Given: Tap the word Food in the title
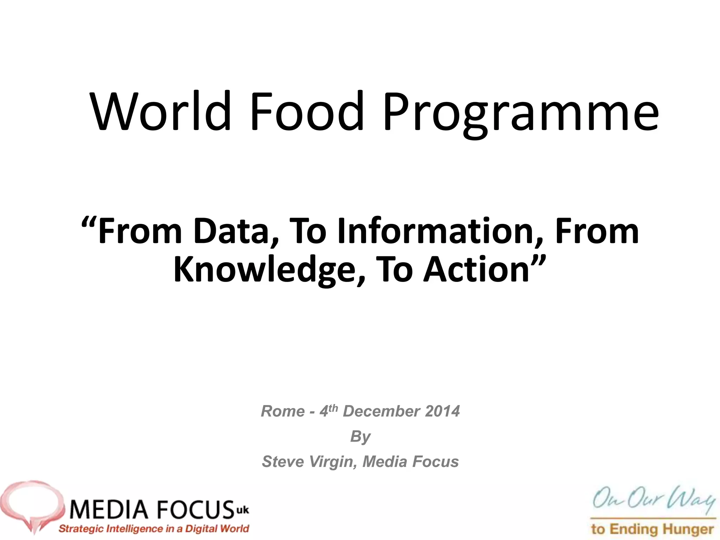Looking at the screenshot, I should click(306, 111).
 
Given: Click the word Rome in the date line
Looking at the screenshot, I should click(283, 411).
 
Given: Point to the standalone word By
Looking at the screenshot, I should click(360, 437).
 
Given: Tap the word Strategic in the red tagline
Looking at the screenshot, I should click(81, 529).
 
